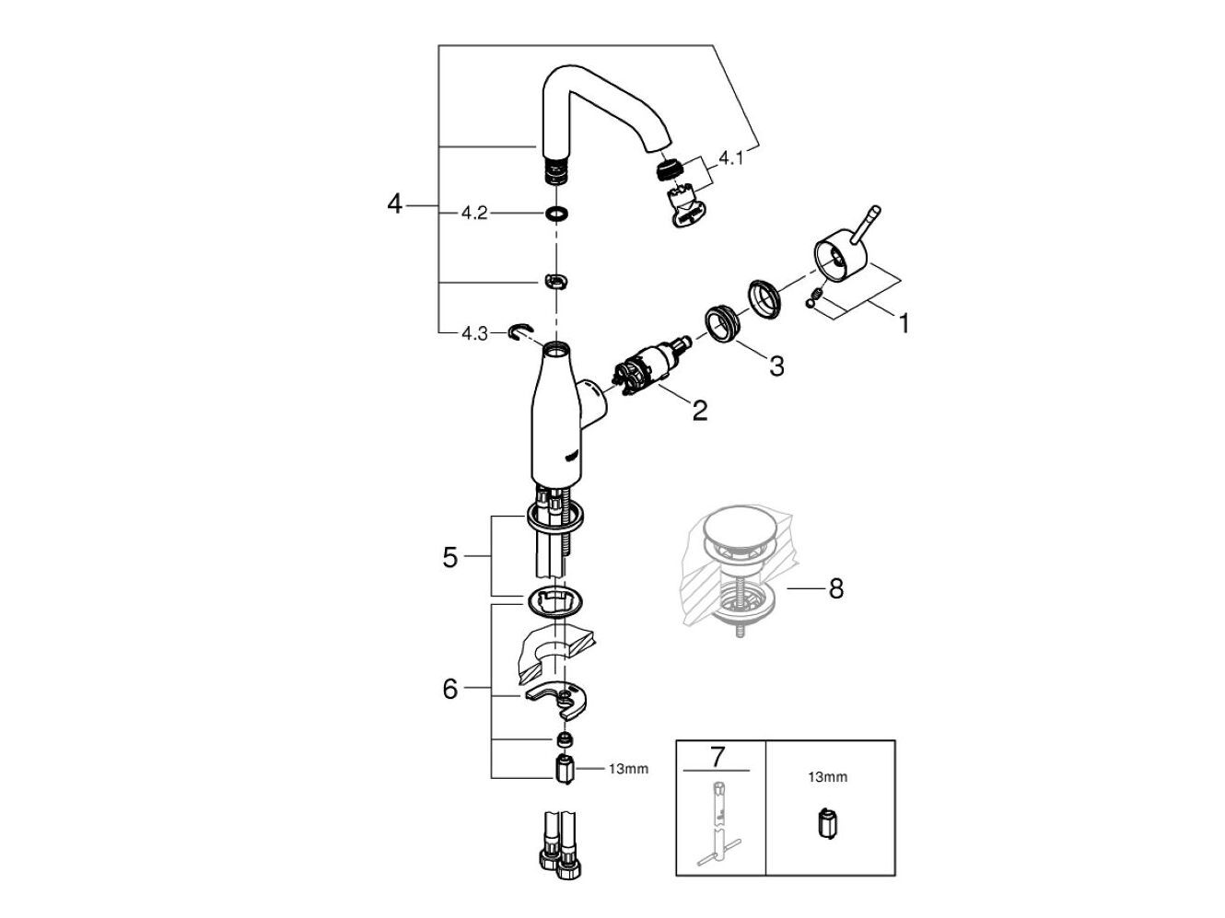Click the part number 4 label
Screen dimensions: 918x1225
click(395, 204)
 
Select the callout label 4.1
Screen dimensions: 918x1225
click(731, 158)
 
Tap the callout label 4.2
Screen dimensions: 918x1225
click(474, 213)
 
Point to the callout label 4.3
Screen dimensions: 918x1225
click(474, 333)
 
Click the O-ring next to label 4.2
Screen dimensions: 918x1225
click(554, 214)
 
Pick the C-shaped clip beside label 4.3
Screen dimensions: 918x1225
click(519, 331)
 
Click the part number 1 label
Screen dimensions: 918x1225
click(904, 323)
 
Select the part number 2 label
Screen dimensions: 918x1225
click(700, 410)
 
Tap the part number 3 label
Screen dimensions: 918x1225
click(776, 366)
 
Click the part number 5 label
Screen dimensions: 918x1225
click(449, 557)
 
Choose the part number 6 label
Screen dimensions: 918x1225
click(449, 688)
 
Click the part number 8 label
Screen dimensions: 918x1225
click(835, 587)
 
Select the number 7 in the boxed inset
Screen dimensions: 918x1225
click(717, 757)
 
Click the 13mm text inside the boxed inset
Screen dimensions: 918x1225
click(827, 777)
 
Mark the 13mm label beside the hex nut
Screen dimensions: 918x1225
click(628, 768)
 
